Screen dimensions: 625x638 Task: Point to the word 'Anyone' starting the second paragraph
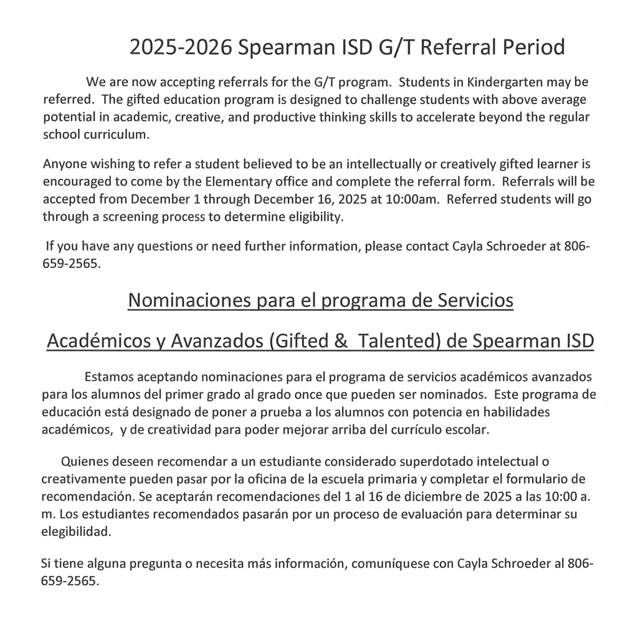point(63,165)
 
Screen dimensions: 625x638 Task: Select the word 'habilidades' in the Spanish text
point(521,413)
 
